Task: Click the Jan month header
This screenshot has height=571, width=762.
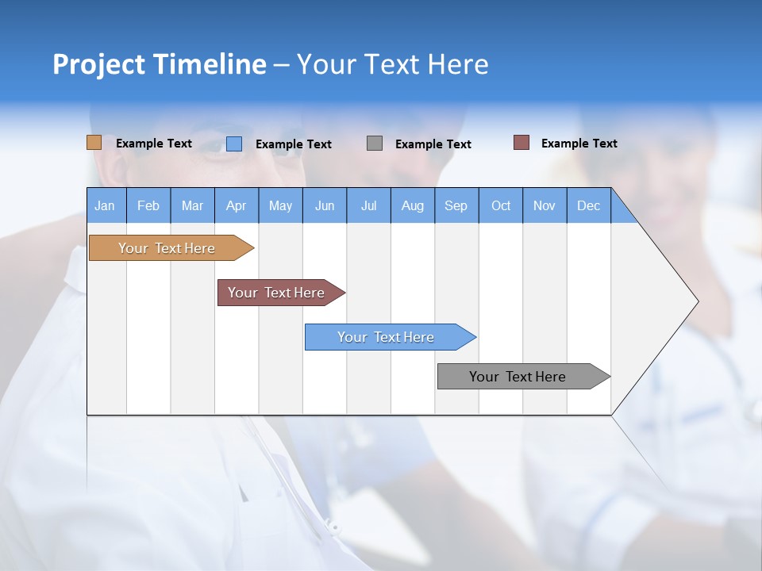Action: click(x=106, y=205)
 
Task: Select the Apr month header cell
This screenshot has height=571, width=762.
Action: click(x=237, y=205)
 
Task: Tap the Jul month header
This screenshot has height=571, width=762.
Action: click(x=369, y=205)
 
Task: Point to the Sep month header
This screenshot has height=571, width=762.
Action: click(x=456, y=205)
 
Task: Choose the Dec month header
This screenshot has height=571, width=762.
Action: click(x=589, y=205)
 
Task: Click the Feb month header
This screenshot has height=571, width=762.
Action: click(x=148, y=205)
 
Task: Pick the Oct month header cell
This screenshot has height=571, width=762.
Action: click(x=501, y=205)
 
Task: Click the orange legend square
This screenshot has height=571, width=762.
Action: click(x=94, y=143)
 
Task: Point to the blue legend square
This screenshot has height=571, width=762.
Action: click(x=234, y=144)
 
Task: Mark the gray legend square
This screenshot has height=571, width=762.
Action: click(x=375, y=144)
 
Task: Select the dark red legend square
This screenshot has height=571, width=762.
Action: click(x=521, y=143)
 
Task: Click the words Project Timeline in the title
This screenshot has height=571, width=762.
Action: click(x=160, y=64)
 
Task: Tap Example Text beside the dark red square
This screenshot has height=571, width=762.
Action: click(x=579, y=144)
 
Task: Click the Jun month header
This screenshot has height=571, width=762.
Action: click(x=325, y=205)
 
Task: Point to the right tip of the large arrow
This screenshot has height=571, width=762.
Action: click(x=696, y=301)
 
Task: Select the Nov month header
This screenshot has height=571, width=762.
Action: click(x=545, y=205)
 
